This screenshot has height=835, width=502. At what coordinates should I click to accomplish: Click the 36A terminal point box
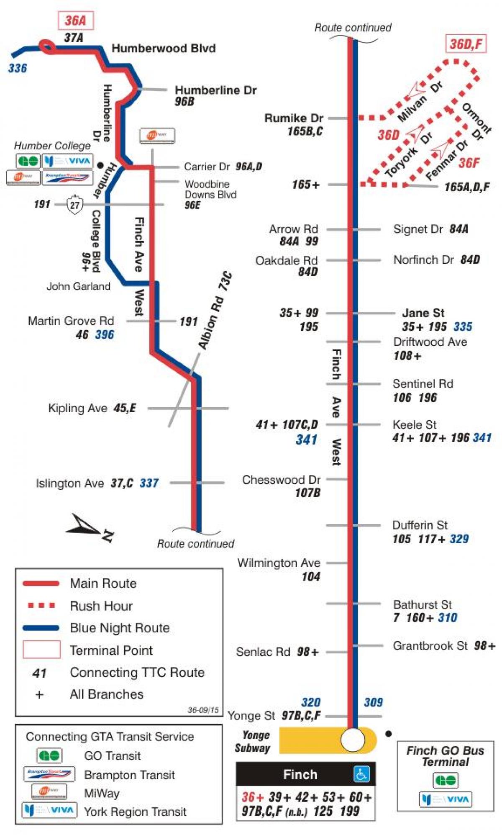(x=75, y=21)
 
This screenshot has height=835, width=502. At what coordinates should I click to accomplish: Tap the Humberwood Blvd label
(x=164, y=49)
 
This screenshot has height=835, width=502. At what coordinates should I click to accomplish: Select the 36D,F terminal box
(x=466, y=44)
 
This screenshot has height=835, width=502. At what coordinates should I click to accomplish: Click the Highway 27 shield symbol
(x=75, y=205)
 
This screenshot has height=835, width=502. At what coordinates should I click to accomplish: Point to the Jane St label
(x=423, y=313)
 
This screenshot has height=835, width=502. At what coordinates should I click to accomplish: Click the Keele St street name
(x=414, y=425)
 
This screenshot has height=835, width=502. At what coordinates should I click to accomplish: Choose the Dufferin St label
(x=420, y=525)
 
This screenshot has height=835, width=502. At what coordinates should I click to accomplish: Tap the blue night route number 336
(x=18, y=68)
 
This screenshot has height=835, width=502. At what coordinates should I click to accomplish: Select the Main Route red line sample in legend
(x=41, y=583)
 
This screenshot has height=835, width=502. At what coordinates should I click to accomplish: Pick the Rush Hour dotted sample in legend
(x=41, y=605)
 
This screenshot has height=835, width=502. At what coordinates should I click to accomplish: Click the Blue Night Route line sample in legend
(x=41, y=628)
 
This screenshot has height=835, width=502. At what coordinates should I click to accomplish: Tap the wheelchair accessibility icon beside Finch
(x=361, y=774)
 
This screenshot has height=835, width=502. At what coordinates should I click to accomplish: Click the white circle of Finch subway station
(x=353, y=740)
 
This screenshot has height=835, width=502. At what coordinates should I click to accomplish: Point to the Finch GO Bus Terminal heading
(x=445, y=756)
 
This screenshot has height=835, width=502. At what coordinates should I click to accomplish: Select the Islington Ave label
(x=69, y=483)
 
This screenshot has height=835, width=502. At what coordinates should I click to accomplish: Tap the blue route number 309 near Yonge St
(x=373, y=702)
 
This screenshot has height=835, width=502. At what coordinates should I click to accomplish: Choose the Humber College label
(x=52, y=146)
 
